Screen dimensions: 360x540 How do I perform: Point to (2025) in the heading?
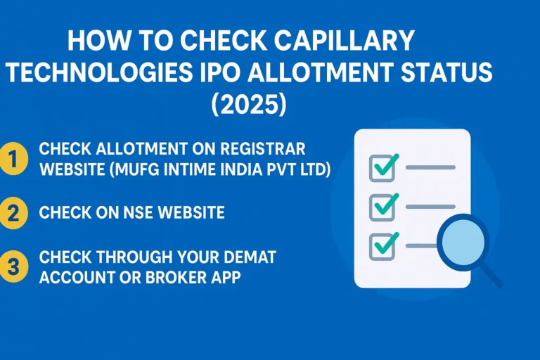coord(249,105)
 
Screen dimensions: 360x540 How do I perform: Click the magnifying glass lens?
coord(462,240)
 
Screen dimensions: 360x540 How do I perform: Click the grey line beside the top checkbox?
coord(430,168)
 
